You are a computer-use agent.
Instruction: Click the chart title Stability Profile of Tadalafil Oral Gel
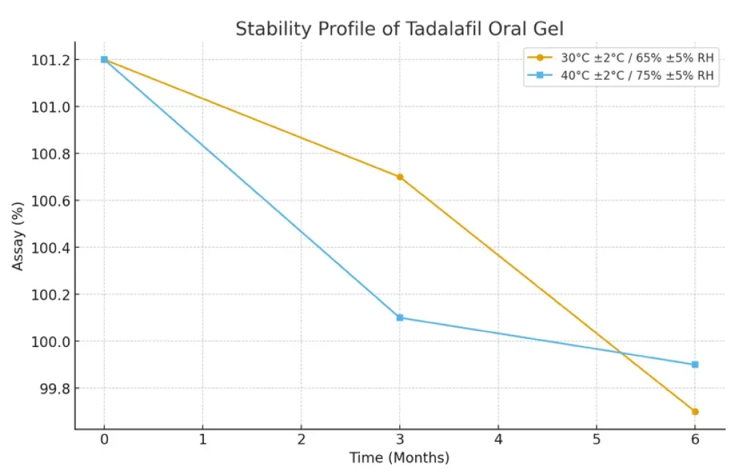tap(399, 29)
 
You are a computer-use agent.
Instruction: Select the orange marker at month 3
tap(400, 177)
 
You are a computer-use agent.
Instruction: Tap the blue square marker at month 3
tap(400, 318)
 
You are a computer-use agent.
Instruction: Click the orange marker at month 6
tap(695, 411)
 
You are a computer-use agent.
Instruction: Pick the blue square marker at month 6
tap(695, 365)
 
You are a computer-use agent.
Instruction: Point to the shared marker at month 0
tap(105, 59)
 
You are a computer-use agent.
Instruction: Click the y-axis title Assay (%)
tap(18, 235)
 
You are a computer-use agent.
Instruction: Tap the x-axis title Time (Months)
tap(399, 458)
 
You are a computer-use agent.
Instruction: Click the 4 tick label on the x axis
tap(498, 439)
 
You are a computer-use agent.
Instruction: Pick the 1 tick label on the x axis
tap(202, 439)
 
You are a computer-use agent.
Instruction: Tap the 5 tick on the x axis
tap(596, 439)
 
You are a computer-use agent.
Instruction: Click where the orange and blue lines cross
tap(621, 354)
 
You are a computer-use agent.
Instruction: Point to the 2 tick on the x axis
tap(301, 439)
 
